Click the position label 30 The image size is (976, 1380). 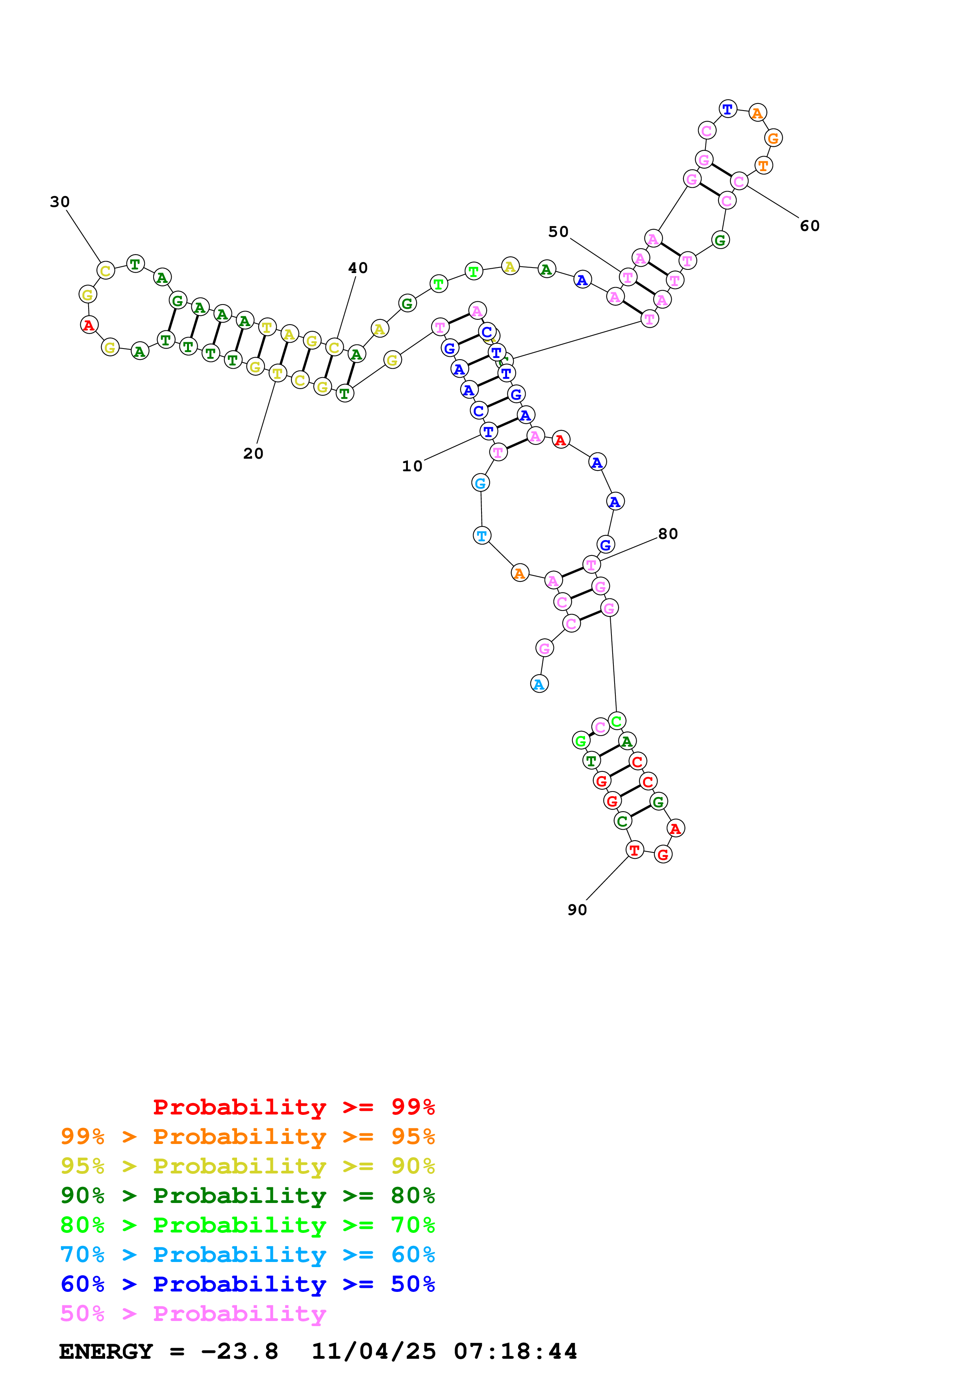coord(59,202)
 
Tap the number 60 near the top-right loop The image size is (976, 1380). coord(809,226)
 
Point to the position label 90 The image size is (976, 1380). coord(577,910)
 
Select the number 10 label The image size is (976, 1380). coord(412,467)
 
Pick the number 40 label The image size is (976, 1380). coord(358,268)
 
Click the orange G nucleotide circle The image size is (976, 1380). coord(773,138)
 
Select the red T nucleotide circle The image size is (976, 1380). coord(634,850)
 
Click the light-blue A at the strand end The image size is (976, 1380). coord(539,684)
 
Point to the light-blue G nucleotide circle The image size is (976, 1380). coord(480,483)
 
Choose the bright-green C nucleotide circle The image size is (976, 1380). coord(617,721)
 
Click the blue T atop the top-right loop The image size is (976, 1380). coord(728,109)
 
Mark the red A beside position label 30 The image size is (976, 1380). coord(89,325)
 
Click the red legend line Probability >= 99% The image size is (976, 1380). coord(293,1107)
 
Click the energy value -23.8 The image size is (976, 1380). coord(239,1351)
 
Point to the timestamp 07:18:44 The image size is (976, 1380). coord(515,1351)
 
